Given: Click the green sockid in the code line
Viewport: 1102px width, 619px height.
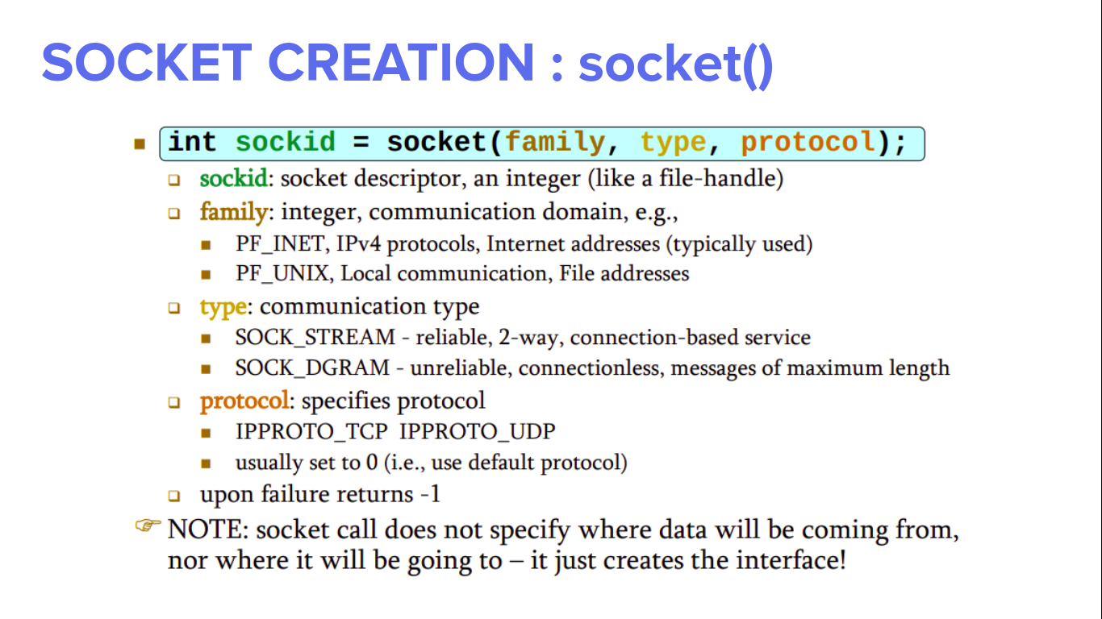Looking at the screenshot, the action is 285,143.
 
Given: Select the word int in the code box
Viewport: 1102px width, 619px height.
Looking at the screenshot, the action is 193,143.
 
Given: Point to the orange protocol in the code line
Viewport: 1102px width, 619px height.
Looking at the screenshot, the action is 808,143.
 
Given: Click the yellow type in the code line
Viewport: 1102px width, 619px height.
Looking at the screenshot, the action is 673,143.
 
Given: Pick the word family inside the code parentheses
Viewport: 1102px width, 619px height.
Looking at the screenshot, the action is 555,143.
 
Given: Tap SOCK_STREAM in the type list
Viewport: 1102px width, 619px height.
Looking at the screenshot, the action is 315,337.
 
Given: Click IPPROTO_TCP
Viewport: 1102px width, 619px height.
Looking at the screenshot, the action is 311,431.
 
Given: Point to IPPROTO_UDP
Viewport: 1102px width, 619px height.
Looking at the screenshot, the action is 478,431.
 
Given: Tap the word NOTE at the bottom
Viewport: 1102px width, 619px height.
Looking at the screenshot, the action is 208,530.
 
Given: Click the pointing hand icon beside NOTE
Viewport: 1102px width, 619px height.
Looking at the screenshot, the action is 148,526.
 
